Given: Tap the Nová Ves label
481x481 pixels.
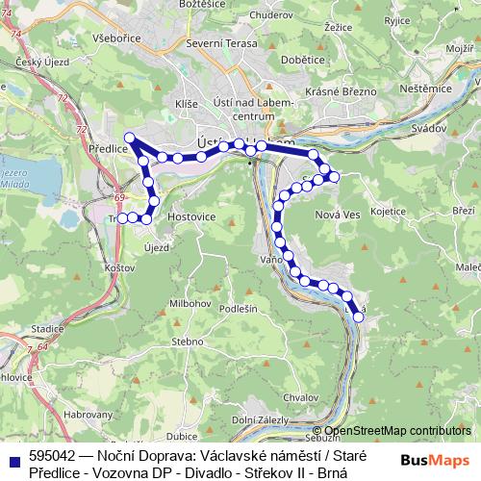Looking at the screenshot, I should (x=337, y=214).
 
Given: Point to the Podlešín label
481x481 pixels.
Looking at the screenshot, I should (x=239, y=308).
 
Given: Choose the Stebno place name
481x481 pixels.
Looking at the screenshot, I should (x=187, y=341).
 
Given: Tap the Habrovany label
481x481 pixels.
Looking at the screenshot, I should (x=87, y=414).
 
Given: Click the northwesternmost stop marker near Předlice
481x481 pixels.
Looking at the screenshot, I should (x=130, y=138).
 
